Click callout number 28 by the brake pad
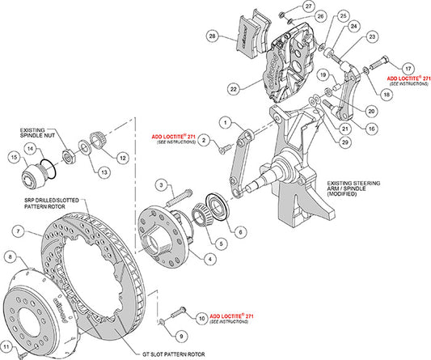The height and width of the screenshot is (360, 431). click(212, 37)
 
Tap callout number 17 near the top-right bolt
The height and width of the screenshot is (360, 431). click(408, 67)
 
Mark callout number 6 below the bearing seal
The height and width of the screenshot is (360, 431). click(240, 231)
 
